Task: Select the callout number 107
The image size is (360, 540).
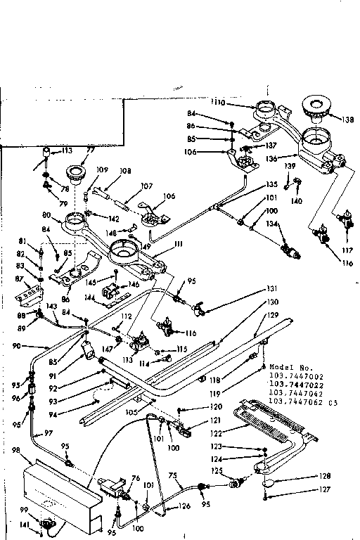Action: [147, 186]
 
